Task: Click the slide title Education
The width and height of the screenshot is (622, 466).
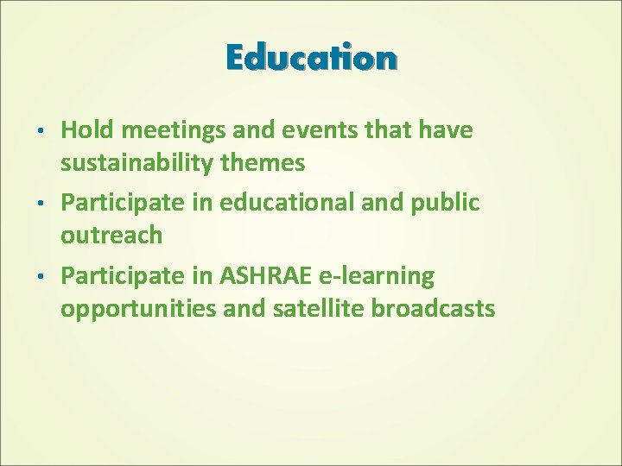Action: coord(311,58)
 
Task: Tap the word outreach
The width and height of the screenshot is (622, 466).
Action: coord(111,234)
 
